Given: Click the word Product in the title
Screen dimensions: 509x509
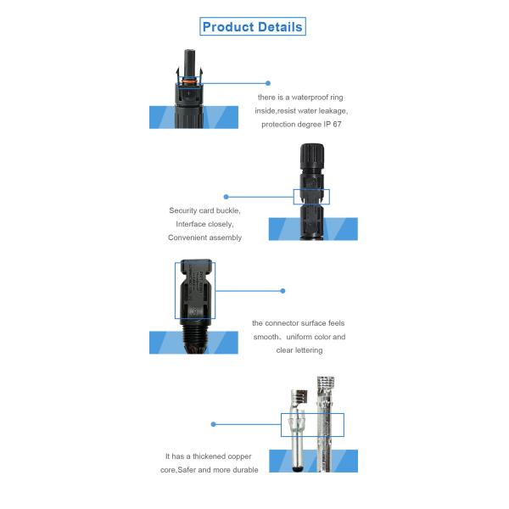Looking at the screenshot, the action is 228,27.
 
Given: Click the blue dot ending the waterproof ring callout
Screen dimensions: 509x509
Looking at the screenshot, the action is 268,83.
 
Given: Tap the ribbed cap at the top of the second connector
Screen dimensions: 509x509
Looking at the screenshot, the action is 311,156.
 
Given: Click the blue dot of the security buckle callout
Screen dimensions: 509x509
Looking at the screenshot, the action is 227,197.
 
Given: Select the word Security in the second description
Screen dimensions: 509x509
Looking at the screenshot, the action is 182,210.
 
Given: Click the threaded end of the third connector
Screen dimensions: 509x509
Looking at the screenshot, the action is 194,337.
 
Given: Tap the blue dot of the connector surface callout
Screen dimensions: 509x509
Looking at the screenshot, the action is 282,291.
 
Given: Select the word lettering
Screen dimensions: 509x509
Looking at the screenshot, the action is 308,350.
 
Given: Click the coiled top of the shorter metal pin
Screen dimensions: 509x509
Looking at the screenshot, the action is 299,396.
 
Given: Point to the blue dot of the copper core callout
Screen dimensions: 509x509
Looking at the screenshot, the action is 213,424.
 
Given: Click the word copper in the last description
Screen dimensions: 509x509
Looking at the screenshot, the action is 239,456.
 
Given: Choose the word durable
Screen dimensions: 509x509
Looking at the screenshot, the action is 245,470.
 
